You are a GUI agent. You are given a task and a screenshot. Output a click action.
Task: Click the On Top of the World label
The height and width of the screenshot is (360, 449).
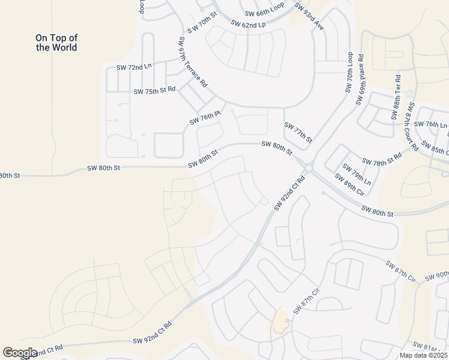(x=56, y=43)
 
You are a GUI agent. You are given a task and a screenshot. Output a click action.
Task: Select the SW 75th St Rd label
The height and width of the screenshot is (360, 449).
(x=154, y=90)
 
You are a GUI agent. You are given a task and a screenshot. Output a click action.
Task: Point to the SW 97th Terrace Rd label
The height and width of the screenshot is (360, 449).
(x=192, y=61)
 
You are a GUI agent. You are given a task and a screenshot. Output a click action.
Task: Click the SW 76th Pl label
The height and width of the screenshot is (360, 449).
(x=206, y=117)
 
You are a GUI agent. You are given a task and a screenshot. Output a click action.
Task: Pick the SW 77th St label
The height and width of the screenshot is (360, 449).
(x=298, y=133)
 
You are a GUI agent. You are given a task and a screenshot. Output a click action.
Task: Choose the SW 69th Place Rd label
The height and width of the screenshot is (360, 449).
(x=361, y=80)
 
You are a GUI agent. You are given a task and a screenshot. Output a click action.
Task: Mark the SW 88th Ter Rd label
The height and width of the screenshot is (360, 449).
(x=397, y=97)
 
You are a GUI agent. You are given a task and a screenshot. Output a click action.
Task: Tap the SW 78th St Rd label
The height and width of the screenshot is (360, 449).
(x=382, y=161)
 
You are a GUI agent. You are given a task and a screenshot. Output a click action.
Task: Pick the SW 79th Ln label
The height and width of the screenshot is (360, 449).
(x=357, y=174)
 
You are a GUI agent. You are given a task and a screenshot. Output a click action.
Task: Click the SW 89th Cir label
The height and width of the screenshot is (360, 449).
(x=349, y=185)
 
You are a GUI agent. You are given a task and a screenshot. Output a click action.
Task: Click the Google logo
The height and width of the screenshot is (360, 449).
(x=20, y=352)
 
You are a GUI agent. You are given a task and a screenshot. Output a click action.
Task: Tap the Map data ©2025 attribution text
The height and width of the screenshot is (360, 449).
(x=423, y=355)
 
